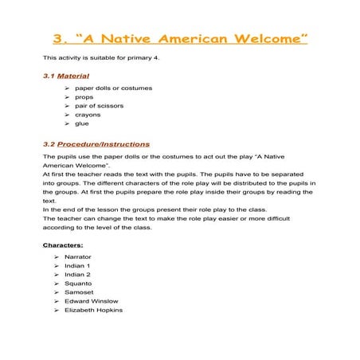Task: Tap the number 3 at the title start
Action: [x=57, y=38]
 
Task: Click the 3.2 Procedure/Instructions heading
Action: [x=96, y=144]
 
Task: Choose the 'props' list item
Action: [x=84, y=96]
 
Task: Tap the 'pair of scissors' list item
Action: [x=99, y=106]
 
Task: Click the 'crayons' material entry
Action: [x=88, y=115]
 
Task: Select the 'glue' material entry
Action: [x=82, y=123]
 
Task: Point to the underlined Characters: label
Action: [x=63, y=245]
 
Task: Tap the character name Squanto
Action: [x=78, y=284]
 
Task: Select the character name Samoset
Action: [x=79, y=292]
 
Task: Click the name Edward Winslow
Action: [x=91, y=301]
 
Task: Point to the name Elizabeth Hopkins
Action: [x=93, y=310]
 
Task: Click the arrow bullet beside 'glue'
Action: [x=68, y=123]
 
